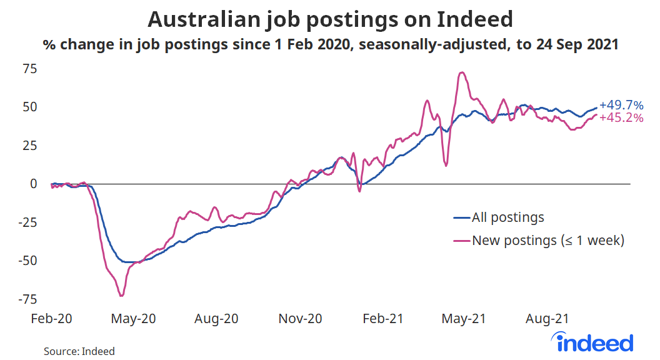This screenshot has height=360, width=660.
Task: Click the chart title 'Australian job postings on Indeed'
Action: coord(330,19)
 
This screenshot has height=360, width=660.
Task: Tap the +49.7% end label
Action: coord(621,105)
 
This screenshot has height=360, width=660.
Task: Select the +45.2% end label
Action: coord(621,117)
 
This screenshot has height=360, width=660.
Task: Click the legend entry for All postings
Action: coord(507,217)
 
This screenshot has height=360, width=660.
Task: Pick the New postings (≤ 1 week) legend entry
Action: coord(547,240)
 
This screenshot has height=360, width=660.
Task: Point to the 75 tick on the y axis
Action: coord(31,69)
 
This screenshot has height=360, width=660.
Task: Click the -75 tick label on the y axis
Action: coord(28,299)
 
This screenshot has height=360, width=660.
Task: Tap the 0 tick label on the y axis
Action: coord(34,184)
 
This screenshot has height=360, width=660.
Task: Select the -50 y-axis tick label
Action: coord(28,261)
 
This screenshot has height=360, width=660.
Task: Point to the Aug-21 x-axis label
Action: coord(547,319)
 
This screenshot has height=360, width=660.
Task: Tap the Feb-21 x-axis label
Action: coord(382,319)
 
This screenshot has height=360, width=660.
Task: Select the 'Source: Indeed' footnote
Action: coord(79,351)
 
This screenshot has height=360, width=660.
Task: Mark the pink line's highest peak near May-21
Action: coord(461,73)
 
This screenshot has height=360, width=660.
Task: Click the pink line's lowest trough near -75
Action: coord(121,295)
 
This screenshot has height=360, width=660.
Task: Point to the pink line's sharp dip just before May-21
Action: coord(446,165)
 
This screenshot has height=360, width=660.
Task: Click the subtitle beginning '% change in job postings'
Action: coord(330,45)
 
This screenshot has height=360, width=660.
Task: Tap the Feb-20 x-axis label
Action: coord(52,319)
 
